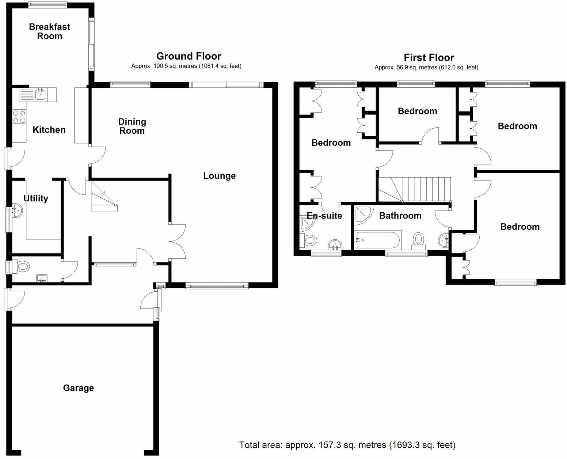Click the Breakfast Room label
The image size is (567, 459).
pos(49,31)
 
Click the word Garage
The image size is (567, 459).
pos(78,388)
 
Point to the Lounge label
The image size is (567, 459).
pos(219,176)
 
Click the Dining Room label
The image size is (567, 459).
pos(132,126)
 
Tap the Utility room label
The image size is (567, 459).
pos(36,198)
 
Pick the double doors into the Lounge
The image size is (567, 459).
pos(177,242)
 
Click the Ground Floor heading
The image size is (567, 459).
pos(189,56)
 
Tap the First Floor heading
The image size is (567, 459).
pos(429,58)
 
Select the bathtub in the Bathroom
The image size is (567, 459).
pos(378,240)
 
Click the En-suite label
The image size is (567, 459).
pos(324,216)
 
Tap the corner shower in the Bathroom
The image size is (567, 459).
pos(363,214)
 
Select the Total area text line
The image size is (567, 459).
pos(347,445)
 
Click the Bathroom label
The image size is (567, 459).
pos(400,216)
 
